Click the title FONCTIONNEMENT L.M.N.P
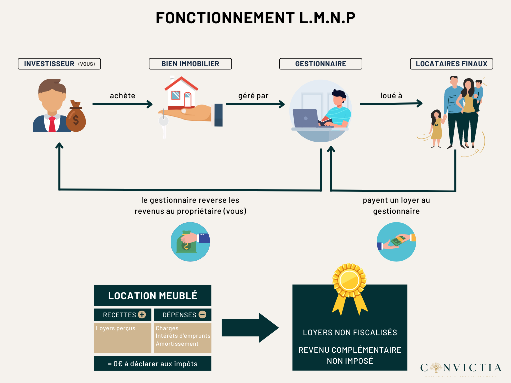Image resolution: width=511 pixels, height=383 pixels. coord(255,18)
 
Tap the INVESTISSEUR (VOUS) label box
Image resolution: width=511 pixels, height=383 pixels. coord(59,64)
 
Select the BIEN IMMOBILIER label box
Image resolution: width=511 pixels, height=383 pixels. coord(190,64)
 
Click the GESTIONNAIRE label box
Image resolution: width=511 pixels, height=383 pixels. coord(320,64)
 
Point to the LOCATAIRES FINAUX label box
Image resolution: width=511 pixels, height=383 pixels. coord(451,64)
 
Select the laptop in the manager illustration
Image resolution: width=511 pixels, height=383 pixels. coord(306,118)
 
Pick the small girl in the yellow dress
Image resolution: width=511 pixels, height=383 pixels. coord(436,128)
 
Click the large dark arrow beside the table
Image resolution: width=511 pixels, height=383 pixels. coord(250,328)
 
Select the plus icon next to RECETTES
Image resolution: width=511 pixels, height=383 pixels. coord(142,315)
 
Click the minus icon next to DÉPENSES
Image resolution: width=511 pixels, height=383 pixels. coord(202,315)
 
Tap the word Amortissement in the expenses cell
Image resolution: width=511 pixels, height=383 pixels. coord(177,344)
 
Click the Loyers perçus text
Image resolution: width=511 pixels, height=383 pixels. coord(116,329)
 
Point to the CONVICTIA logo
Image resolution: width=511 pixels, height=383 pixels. coord(461,368)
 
